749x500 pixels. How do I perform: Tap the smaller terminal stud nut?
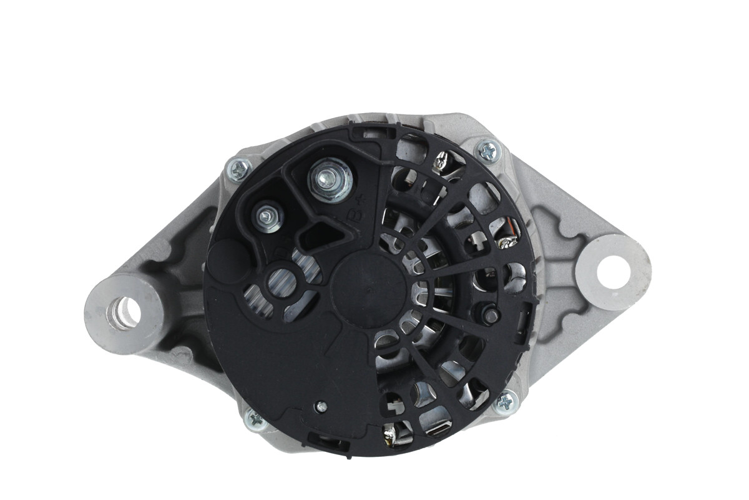268,216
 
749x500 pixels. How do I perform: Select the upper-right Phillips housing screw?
488,151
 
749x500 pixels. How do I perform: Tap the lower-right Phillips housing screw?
506,401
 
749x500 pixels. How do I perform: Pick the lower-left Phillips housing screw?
255,418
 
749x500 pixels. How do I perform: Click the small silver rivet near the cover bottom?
321,407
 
